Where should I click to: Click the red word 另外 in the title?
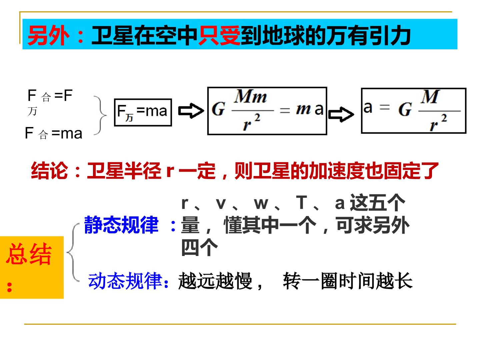click(48, 35)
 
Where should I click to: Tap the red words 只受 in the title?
click(219, 35)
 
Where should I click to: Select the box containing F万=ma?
click(143, 112)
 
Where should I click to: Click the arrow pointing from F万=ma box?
click(191, 111)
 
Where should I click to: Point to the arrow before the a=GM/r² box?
click(341, 115)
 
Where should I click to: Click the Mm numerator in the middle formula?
click(250, 96)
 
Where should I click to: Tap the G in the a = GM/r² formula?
click(405, 109)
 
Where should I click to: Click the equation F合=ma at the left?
click(54, 133)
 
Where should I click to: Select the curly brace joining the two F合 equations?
click(100, 115)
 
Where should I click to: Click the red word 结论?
click(49, 171)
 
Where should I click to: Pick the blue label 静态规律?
click(121, 224)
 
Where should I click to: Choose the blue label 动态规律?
click(125, 281)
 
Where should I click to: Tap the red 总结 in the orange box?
click(29, 254)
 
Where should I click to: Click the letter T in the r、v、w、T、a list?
click(302, 202)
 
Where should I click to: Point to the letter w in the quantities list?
click(261, 204)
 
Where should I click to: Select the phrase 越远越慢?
click(215, 281)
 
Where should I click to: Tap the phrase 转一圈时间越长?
click(348, 281)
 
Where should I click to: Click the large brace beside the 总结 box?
click(73, 252)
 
